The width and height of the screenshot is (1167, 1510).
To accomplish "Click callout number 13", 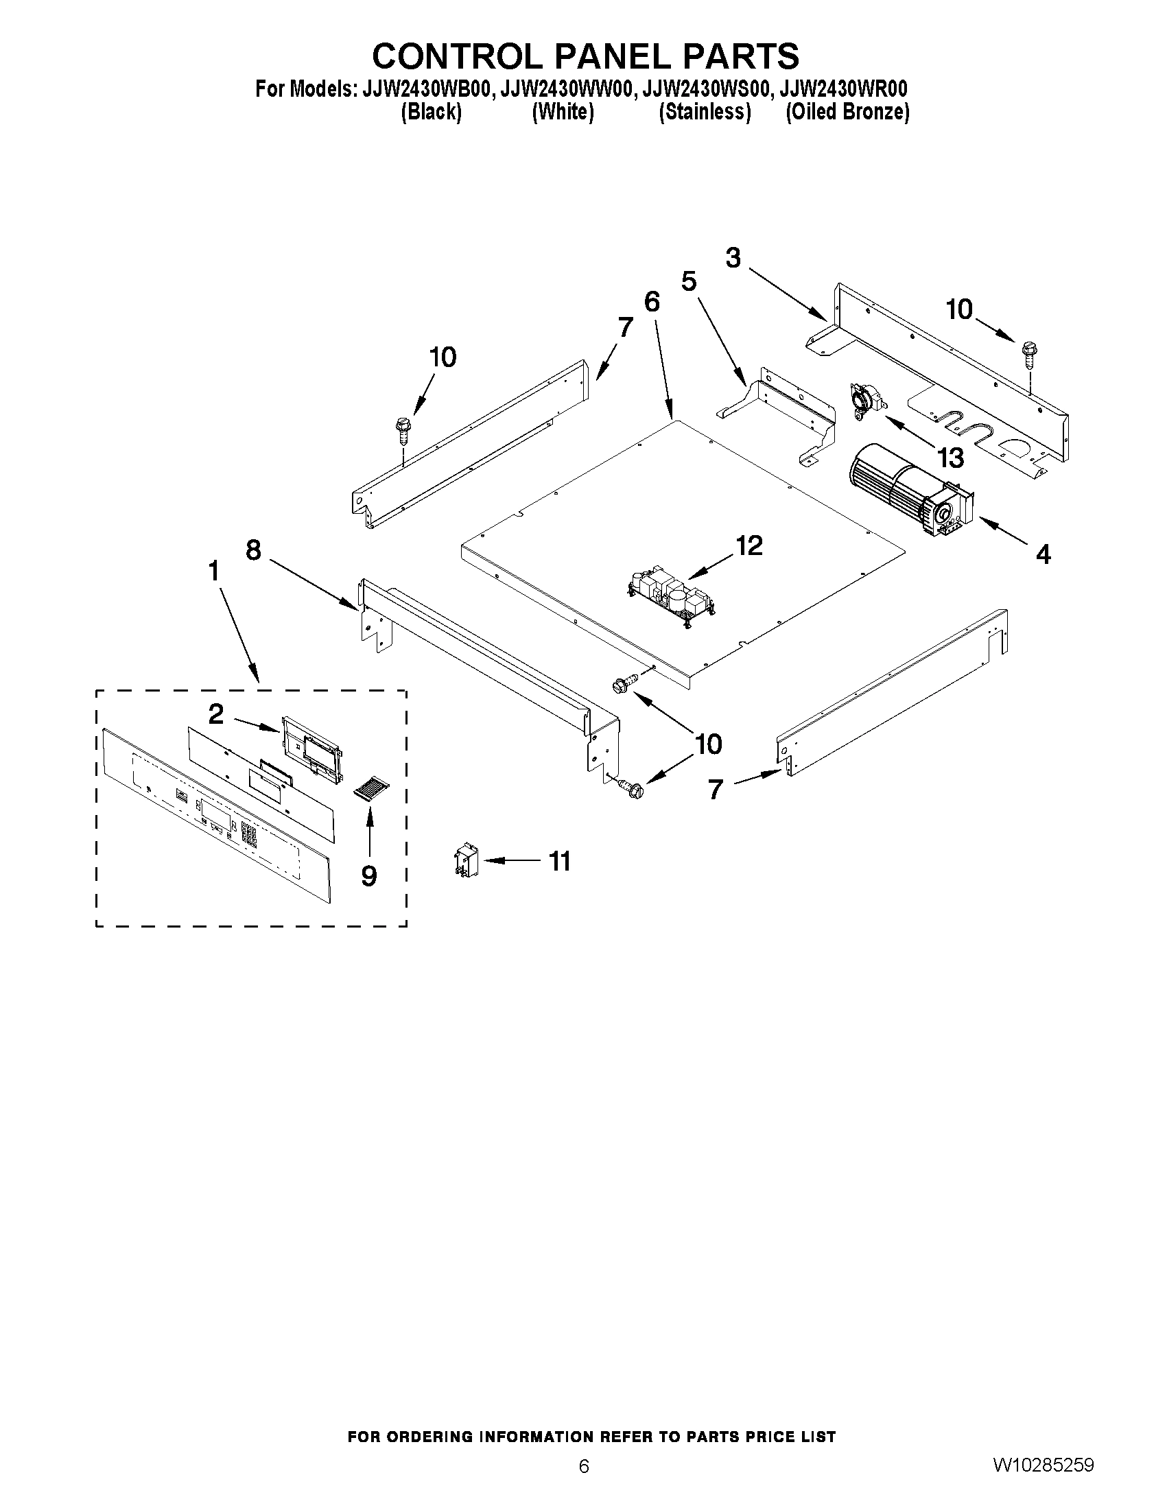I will pyautogui.click(x=951, y=457).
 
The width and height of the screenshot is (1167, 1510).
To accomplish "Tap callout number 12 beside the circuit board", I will pyautogui.click(x=748, y=545).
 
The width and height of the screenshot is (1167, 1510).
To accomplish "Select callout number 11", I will pyautogui.click(x=559, y=862).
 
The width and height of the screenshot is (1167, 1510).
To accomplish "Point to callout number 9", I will pyautogui.click(x=369, y=876).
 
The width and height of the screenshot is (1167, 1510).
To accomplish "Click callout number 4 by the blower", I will pyautogui.click(x=1044, y=553).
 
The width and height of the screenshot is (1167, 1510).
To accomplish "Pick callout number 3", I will pyautogui.click(x=733, y=258).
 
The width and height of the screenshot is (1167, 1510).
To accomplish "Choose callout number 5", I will pyautogui.click(x=689, y=282).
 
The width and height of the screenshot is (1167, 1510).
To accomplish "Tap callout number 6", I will pyautogui.click(x=651, y=302).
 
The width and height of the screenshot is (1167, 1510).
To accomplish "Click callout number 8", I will pyautogui.click(x=253, y=550).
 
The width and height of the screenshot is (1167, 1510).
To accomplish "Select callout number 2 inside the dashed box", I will pyautogui.click(x=216, y=714).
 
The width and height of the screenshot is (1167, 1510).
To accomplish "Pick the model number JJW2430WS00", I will pyautogui.click(x=705, y=89).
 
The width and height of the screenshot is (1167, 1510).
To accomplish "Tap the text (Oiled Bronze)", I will pyautogui.click(x=847, y=111).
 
